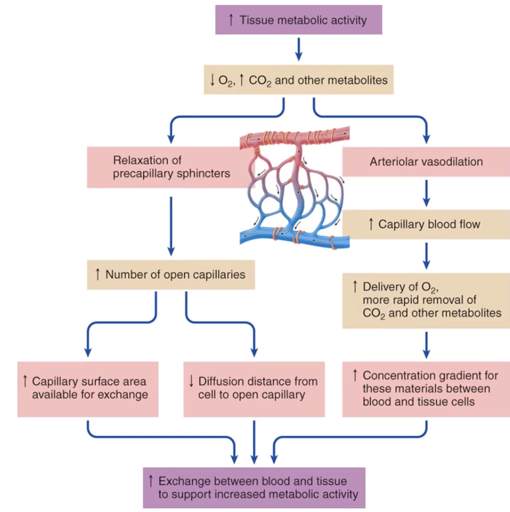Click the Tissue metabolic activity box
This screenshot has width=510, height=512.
coord(299,20)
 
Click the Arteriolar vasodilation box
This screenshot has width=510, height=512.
coord(426,161)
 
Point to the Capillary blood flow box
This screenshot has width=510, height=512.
coord(426,224)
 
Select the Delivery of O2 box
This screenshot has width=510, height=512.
coord(426,300)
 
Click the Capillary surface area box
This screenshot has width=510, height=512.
coord(88,388)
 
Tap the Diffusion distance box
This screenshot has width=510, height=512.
coord(254,388)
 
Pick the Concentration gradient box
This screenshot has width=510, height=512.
coord(426,388)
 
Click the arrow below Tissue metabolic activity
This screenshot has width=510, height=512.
coord(299,49)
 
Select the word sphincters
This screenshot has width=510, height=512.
coord(203,173)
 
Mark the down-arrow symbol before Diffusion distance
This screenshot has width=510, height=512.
coord(192,382)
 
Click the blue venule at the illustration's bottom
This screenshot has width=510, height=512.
coord(291,238)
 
